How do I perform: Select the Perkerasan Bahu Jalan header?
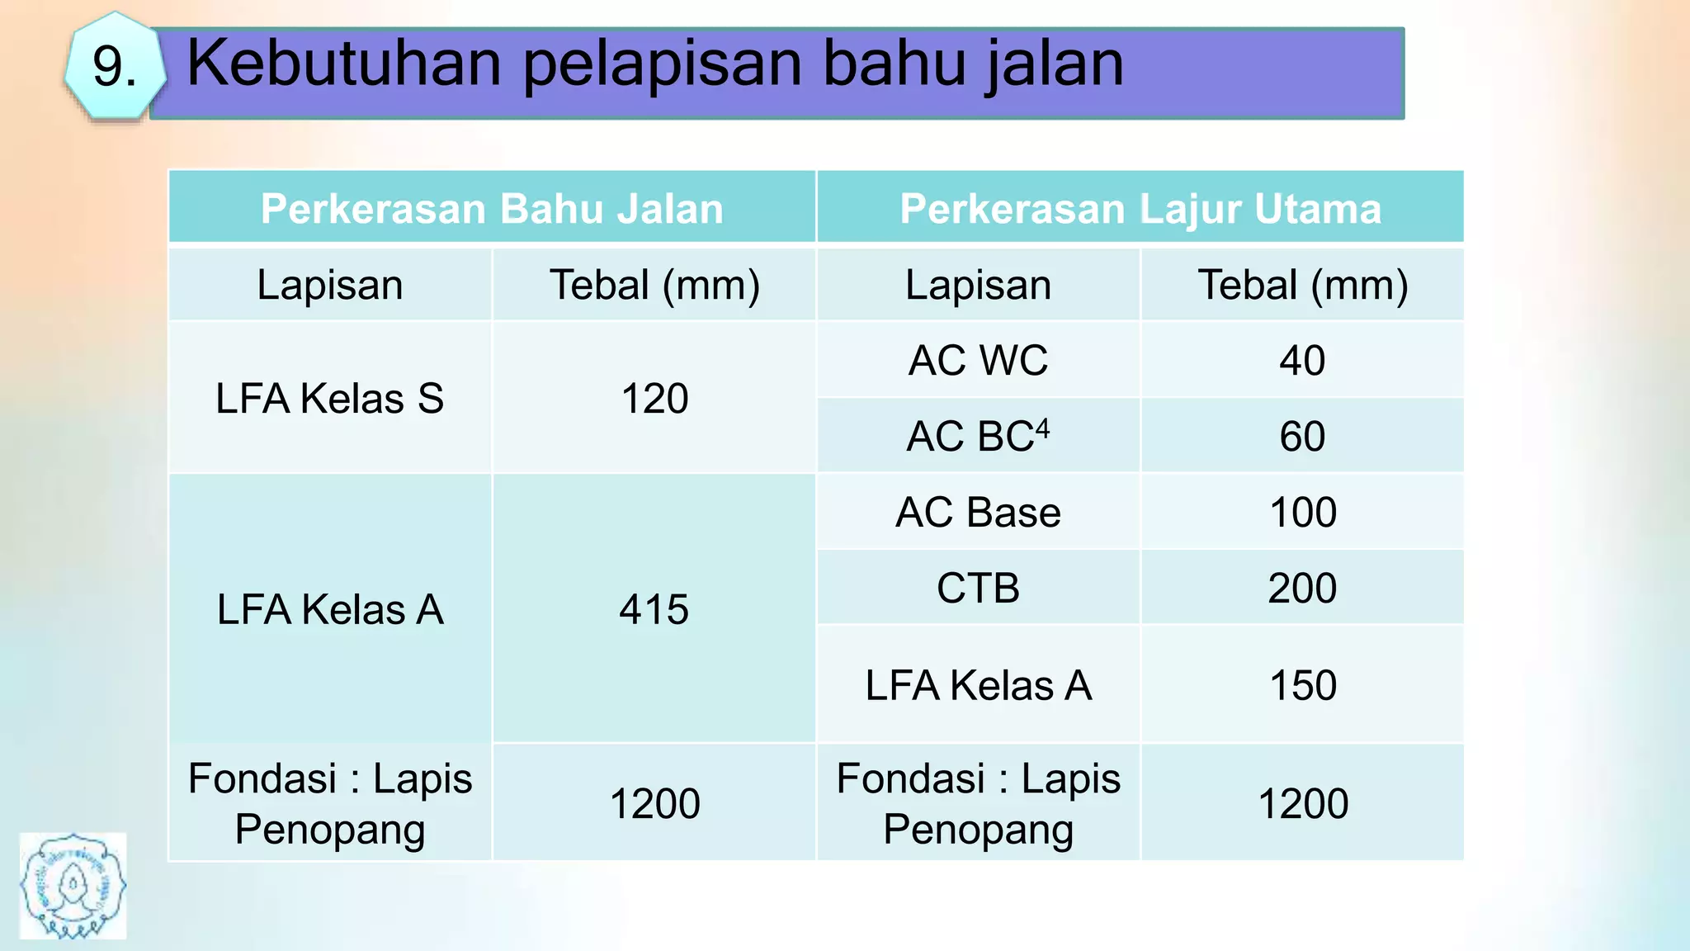point(492,208)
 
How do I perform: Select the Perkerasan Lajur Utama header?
point(1140,208)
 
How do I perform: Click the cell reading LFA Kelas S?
point(329,398)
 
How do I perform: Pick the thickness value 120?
point(654,398)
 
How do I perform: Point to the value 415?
point(654,609)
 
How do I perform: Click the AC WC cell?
point(978,360)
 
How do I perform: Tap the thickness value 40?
point(1302,361)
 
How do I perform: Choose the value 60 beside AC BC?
point(1302,436)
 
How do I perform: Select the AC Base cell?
point(978,512)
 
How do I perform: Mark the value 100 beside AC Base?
point(1302,512)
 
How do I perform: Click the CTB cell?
point(978,588)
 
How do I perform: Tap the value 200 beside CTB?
point(1302,588)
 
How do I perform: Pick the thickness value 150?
point(1302,685)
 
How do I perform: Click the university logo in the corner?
point(73,886)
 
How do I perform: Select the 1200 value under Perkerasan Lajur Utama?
point(1302,803)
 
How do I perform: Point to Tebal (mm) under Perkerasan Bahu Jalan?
point(654,285)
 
